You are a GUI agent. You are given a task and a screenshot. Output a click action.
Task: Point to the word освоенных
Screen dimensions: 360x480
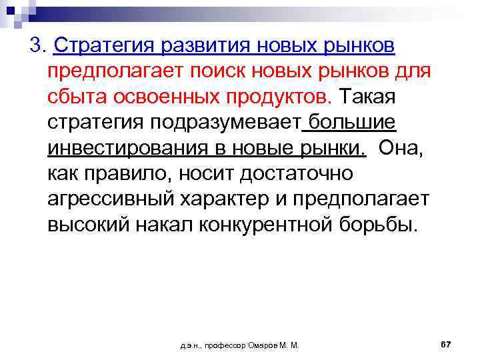pyautogui.click(x=161, y=97)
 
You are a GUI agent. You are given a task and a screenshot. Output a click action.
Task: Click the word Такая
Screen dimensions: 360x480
pyautogui.click(x=368, y=97)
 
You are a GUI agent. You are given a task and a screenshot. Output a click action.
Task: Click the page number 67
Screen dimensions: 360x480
pyautogui.click(x=446, y=344)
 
